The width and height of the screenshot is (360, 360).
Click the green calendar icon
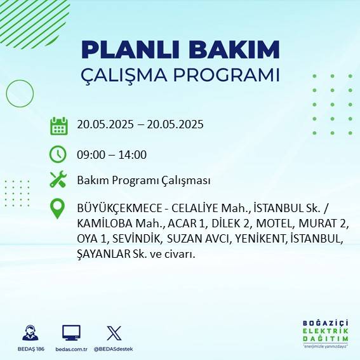pos(58,125)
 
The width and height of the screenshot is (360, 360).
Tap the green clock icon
pos(58,154)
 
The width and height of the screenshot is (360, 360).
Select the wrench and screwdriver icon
pos(58,180)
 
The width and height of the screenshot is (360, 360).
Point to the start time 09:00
pos(90,154)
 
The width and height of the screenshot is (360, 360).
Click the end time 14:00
pos(133,154)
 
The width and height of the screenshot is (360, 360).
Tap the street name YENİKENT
pos(262,239)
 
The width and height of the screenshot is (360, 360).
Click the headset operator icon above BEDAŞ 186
pos(30,333)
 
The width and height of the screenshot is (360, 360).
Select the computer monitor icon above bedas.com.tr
pos(70,333)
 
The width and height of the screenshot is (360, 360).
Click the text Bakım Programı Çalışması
pos(143,181)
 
